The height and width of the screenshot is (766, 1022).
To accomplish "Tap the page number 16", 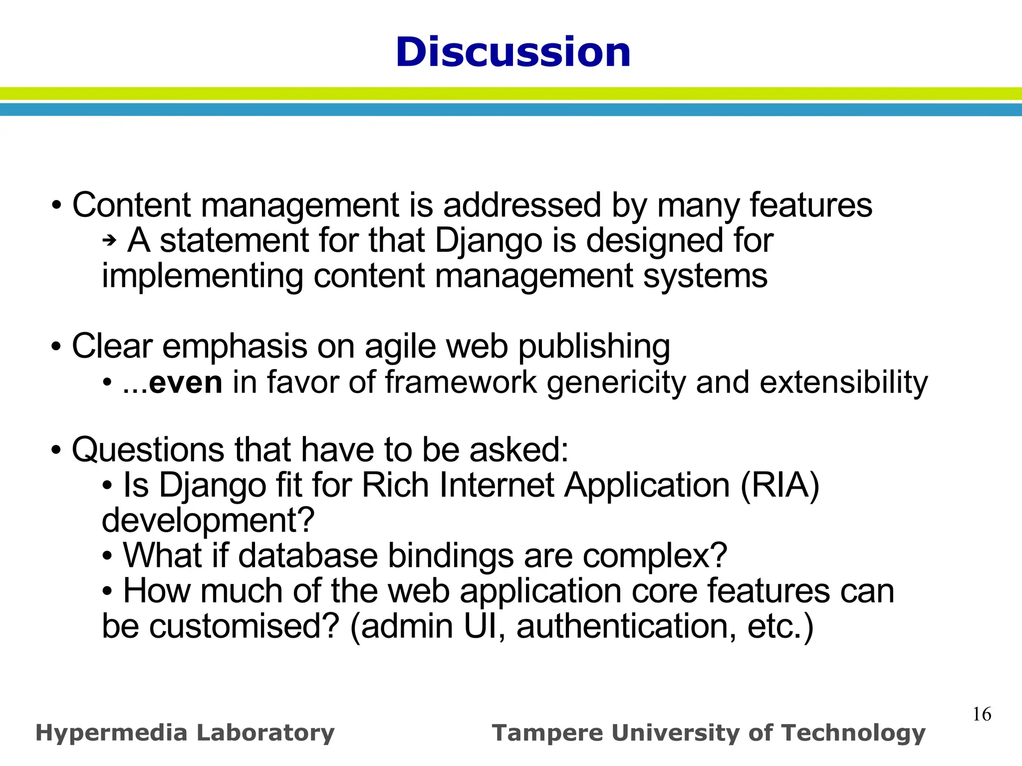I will (x=982, y=714).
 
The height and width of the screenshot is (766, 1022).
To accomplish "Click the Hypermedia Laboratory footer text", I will (x=185, y=733).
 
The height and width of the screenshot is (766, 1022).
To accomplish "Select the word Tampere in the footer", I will (x=547, y=734).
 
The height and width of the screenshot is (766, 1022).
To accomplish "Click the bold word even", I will (x=185, y=383).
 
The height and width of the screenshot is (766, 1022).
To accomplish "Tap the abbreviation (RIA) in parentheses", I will (x=779, y=485).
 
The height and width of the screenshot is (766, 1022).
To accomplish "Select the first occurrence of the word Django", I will (x=488, y=241).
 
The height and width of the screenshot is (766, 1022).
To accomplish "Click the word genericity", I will (x=616, y=383).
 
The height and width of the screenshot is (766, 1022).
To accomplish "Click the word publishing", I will (x=594, y=347).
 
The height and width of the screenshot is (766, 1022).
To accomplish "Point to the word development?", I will (x=208, y=521).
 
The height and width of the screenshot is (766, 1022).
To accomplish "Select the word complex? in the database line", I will (x=655, y=556).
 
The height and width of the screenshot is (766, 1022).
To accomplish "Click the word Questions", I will (x=148, y=450).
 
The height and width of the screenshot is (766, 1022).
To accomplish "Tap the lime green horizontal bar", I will (x=511, y=93).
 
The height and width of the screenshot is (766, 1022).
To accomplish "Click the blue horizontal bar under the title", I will (x=511, y=110).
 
